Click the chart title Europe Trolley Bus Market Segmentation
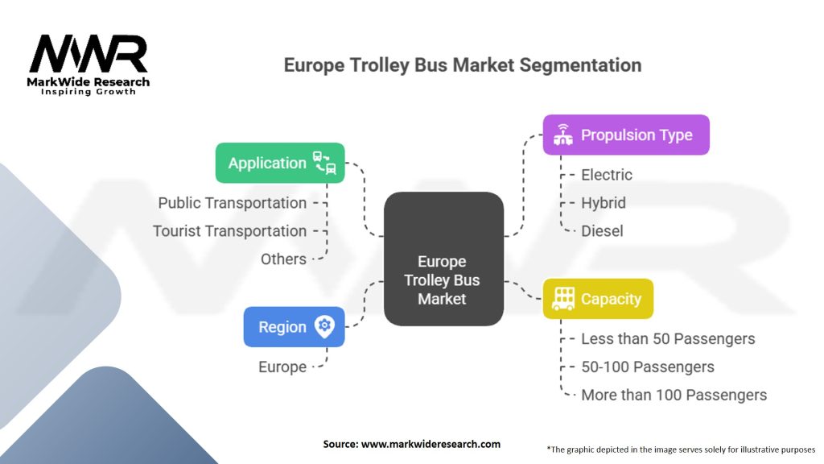(463, 65)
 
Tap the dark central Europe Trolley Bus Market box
(443, 259)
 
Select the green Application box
(280, 163)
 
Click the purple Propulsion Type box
(625, 135)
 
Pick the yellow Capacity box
(597, 299)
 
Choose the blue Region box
(294, 327)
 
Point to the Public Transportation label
(232, 203)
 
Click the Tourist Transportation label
(229, 231)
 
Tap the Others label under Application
(283, 259)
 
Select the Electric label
(607, 175)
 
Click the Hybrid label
(603, 203)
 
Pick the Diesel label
(602, 231)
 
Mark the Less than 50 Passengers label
(668, 339)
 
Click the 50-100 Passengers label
(648, 367)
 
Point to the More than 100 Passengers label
(674, 396)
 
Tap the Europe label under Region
(282, 367)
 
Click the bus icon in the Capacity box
(565, 298)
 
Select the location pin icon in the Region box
(324, 326)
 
